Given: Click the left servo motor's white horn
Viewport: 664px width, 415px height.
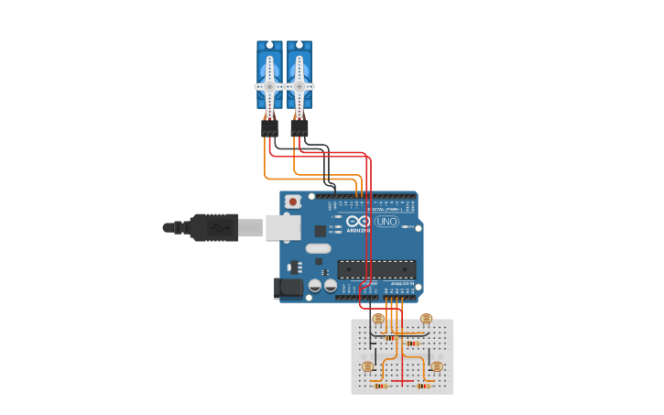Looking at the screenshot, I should click(x=269, y=86).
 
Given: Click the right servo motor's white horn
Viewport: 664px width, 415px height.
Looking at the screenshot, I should click(x=299, y=86).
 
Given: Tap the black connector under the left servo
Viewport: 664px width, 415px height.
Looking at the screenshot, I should click(x=269, y=128).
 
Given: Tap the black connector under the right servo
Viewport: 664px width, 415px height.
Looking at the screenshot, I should click(x=299, y=128).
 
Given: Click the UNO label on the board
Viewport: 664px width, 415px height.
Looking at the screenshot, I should click(x=386, y=222).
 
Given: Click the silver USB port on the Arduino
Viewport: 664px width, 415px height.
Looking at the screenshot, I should click(x=283, y=227).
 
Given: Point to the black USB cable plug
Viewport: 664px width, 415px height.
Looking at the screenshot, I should click(x=213, y=227).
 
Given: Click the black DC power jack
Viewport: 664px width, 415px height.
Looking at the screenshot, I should click(x=288, y=288).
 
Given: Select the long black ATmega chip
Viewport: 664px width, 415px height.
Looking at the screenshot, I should click(x=376, y=269).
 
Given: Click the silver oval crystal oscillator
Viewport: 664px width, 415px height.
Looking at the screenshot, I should click(x=318, y=248).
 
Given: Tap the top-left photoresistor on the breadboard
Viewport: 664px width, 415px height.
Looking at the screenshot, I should click(x=378, y=319).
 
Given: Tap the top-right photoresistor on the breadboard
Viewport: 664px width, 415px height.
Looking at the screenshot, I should click(x=426, y=319).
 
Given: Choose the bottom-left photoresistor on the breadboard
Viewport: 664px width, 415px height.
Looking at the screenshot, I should click(x=367, y=366).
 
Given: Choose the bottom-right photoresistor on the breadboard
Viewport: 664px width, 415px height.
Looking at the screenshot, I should click(x=437, y=366).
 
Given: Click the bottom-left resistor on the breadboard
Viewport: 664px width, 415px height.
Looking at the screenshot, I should click(x=380, y=386).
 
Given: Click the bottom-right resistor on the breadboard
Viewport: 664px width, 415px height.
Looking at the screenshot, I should click(x=424, y=386).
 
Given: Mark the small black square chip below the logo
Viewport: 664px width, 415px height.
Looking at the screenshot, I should click(x=320, y=231).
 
